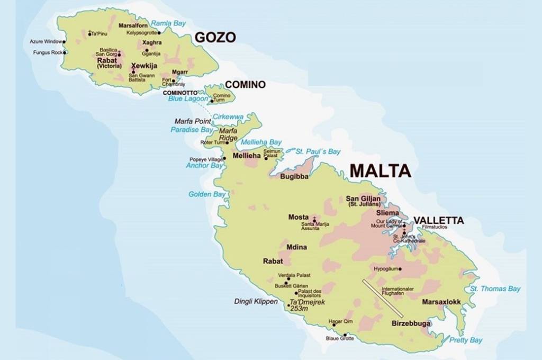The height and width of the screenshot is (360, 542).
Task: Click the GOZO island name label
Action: tap(215, 37)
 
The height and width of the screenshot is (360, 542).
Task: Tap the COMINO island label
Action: tap(245, 85)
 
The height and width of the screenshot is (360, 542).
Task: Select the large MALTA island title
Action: tap(380, 170)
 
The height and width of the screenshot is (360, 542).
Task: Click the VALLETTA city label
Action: tap(438, 220)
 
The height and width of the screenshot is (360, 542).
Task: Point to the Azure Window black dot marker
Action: tap(64, 41)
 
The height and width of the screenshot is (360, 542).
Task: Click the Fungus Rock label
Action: tap(47, 52)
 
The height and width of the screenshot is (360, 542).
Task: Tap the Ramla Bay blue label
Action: tap(168, 23)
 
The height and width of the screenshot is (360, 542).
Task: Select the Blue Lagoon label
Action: tap(188, 98)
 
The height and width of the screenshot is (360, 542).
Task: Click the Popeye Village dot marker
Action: tap(224, 158)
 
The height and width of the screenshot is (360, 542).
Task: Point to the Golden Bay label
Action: tap(207, 194)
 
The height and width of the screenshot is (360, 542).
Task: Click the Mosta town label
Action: tap(298, 217)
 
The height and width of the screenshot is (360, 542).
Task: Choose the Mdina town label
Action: tap(296, 247)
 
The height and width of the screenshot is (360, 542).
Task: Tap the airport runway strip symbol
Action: tap(383, 299)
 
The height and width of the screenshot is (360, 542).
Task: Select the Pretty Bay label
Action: tap(466, 340)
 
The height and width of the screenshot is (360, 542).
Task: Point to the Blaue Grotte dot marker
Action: tap(345, 335)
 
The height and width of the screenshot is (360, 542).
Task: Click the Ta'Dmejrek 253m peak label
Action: tap(307, 305)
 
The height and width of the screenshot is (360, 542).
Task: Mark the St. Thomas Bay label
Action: tap(495, 289)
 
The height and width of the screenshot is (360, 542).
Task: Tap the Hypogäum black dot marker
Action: tap(400, 269)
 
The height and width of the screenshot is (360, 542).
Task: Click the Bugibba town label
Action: tap(294, 176)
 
